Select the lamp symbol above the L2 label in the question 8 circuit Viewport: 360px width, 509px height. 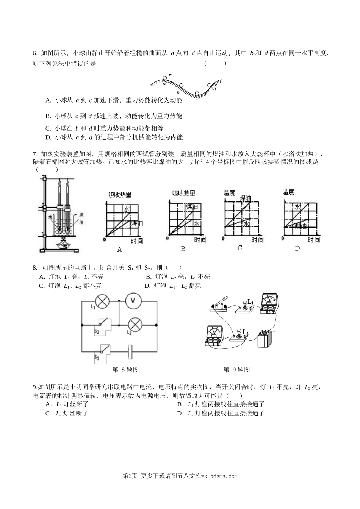[135, 324]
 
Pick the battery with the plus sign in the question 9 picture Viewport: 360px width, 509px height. [265, 338]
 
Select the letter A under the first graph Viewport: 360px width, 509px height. [120, 250]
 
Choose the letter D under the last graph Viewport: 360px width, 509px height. [297, 248]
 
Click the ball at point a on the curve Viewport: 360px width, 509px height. [165, 79]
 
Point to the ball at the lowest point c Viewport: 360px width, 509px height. [197, 93]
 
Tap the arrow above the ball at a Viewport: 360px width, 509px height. [165, 75]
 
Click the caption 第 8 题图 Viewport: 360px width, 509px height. [126, 370]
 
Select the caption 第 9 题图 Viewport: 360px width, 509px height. [237, 370]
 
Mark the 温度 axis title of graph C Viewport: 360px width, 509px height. [229, 193]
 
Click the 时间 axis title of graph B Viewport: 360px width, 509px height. [200, 239]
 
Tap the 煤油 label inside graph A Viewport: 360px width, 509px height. [137, 223]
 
